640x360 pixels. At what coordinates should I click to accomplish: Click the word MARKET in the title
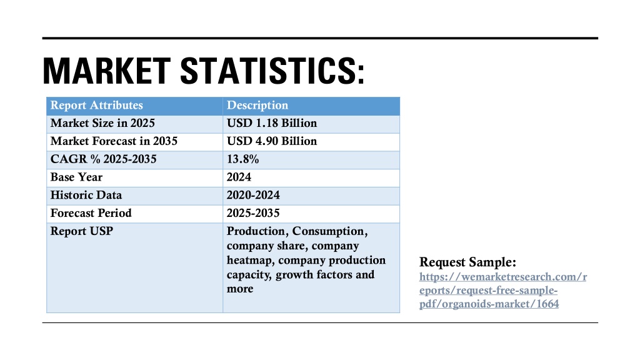(x=106, y=71)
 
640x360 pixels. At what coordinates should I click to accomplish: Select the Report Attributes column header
(x=97, y=105)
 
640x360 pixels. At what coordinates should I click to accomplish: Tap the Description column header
(x=257, y=105)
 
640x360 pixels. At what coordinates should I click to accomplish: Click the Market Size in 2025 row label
(x=102, y=123)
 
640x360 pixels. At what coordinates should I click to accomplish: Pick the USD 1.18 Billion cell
(x=272, y=123)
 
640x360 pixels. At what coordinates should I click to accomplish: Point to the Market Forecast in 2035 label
(x=114, y=141)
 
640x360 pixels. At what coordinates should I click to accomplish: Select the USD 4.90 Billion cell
(x=272, y=141)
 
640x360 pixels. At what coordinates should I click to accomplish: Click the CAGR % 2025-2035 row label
(x=103, y=159)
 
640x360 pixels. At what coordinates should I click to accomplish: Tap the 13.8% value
(x=243, y=159)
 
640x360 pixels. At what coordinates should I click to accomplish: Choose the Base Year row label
(x=76, y=177)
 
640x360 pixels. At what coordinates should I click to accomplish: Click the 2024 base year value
(x=239, y=177)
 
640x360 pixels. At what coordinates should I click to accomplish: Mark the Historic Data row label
(x=86, y=195)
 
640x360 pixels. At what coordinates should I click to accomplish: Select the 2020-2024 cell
(x=254, y=195)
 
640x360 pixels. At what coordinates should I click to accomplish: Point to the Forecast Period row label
(x=91, y=213)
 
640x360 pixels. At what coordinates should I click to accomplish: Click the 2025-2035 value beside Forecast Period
(x=254, y=213)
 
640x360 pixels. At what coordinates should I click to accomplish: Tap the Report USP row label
(x=82, y=231)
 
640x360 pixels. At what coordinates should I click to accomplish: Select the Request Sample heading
(x=467, y=262)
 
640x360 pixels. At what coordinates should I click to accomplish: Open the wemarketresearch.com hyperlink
(x=503, y=290)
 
